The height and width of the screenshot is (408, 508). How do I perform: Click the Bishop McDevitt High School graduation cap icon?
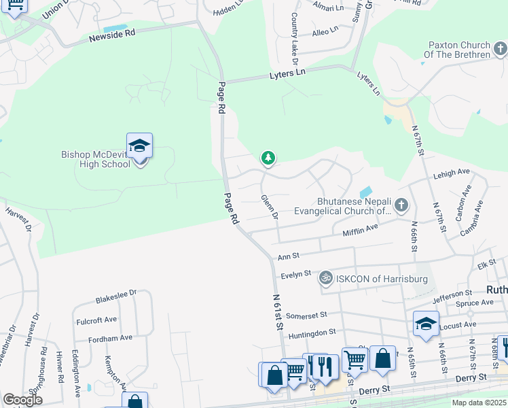(139, 146)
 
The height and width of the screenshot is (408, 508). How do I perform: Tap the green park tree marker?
(268, 158)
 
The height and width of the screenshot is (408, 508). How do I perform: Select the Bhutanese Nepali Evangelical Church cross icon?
(402, 204)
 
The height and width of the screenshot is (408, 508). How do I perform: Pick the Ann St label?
(284, 257)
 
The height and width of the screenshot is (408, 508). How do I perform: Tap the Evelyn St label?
(295, 274)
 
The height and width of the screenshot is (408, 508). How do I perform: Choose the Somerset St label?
(307, 315)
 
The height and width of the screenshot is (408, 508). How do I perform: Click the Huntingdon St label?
(313, 332)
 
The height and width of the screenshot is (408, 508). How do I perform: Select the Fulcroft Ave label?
(96, 318)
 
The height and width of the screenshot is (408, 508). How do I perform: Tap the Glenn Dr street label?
(270, 207)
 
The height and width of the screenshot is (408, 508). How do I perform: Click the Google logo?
(22, 400)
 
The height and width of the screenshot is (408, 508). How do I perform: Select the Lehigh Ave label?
(451, 174)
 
